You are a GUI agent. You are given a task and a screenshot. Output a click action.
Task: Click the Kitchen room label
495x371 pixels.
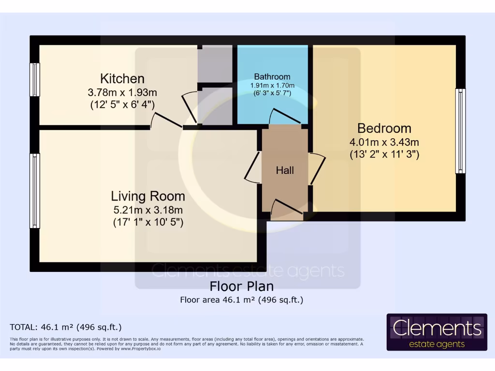[122, 79]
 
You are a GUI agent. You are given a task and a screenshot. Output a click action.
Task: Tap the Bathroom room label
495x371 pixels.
[272, 77]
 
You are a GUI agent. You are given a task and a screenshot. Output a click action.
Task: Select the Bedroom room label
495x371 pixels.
[384, 128]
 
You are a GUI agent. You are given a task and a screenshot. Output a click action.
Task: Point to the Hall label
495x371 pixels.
[285, 171]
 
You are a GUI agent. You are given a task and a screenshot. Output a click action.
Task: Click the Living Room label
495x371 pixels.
[148, 196]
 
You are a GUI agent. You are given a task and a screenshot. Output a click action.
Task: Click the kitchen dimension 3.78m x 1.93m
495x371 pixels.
[122, 92]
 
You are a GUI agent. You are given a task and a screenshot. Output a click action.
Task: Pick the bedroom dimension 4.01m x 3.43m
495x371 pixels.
[384, 143]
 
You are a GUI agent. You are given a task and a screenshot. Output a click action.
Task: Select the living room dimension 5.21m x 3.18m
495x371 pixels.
[148, 210]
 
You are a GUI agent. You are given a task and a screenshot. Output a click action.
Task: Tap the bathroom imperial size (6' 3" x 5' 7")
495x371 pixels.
[272, 93]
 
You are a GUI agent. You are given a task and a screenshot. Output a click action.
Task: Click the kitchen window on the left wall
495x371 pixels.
[35, 80]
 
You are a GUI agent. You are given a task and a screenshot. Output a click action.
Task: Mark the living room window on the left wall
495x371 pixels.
[35, 190]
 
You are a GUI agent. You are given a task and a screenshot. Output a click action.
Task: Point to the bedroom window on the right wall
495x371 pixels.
[460, 131]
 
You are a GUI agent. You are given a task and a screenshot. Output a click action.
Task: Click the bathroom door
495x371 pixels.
[285, 116]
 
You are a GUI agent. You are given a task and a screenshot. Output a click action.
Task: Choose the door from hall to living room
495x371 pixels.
[253, 167]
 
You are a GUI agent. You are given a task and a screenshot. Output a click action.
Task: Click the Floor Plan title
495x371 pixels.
[242, 286]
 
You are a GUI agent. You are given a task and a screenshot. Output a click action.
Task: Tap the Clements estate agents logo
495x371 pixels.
[437, 332]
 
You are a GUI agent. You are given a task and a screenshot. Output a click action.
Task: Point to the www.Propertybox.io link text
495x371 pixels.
[141, 349]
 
